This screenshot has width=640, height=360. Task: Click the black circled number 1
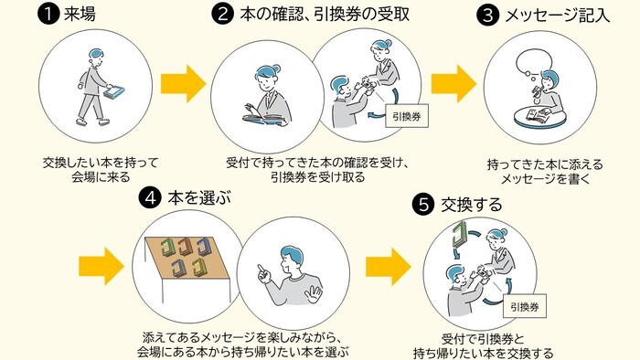pos(48,15)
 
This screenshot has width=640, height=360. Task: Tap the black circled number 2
pos(221,15)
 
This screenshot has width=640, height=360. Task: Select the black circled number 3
pos(490,15)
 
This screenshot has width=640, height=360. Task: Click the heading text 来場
pos(80,15)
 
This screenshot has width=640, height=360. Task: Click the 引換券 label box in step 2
pos(405,117)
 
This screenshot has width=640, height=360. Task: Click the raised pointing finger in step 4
pos(260,270)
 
